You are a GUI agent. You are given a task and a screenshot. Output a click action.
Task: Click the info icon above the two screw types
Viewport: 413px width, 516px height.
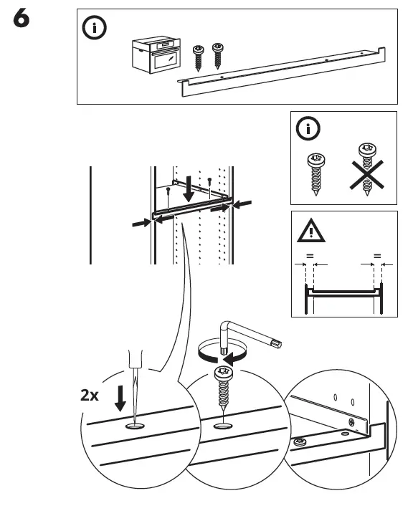[309, 130]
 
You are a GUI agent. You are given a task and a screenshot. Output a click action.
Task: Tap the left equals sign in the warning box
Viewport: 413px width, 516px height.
[309, 255]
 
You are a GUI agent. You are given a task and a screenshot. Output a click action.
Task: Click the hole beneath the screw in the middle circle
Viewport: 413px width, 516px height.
[223, 426]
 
